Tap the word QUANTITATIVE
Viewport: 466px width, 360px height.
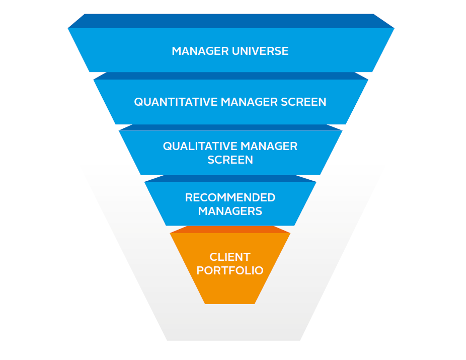coord(169,102)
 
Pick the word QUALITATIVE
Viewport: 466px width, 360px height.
coord(199,147)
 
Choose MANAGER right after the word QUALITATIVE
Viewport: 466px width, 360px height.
coord(269,147)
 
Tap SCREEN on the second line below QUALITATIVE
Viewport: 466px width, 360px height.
coord(230,160)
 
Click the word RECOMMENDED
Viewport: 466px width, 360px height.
coord(230,198)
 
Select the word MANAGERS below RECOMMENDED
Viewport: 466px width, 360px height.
coord(230,211)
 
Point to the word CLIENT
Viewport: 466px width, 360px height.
coord(230,257)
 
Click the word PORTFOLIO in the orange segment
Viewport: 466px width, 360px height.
coord(230,271)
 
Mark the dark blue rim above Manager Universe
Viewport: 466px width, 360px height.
coord(231,21)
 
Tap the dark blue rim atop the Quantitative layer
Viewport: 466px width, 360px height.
coord(231,76)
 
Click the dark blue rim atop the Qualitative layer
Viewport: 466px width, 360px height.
coord(231,127)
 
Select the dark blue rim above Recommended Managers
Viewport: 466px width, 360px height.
coord(231,178)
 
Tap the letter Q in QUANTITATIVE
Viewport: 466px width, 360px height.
coord(138,102)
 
